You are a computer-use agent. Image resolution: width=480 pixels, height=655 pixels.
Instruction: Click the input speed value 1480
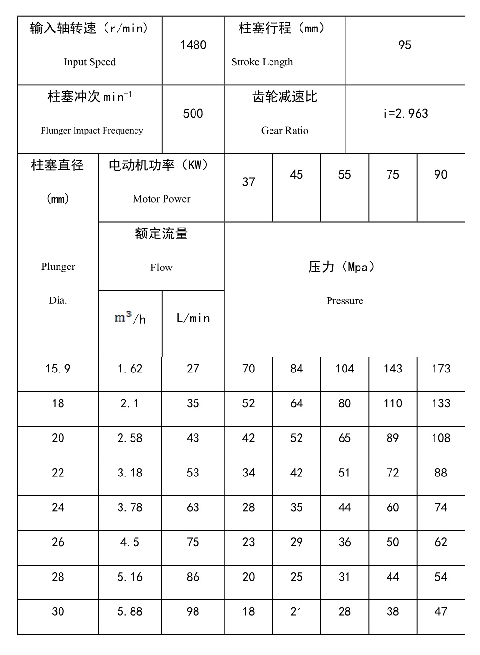click(193, 45)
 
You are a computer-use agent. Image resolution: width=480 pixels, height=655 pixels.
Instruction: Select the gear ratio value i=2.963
click(405, 114)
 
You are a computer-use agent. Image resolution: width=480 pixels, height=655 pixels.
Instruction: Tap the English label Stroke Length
click(262, 62)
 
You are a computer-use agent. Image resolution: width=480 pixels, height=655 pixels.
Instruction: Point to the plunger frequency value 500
click(193, 114)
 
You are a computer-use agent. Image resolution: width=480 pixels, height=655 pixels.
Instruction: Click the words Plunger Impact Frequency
click(92, 131)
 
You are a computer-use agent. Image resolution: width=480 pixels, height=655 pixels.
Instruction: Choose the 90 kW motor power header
click(440, 175)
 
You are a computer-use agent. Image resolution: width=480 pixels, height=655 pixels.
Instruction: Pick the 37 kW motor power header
click(248, 182)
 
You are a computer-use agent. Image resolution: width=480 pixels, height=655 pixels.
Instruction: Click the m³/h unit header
click(130, 318)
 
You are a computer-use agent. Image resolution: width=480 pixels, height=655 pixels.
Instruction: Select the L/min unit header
click(193, 318)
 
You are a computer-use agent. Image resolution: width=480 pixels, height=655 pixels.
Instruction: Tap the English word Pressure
click(345, 301)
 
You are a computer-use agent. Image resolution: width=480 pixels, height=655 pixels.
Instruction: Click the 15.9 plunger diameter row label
click(58, 369)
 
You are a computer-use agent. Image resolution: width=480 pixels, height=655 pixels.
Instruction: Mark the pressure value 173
click(440, 369)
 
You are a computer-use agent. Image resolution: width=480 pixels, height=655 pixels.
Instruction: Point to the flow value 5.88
click(130, 612)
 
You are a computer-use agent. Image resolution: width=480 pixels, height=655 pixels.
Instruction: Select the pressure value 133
click(440, 403)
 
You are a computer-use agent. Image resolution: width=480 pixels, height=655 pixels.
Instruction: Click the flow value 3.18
click(130, 473)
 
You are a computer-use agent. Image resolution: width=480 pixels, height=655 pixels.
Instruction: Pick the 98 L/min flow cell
click(193, 612)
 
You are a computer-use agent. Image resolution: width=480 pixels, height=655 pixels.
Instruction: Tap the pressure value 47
click(440, 612)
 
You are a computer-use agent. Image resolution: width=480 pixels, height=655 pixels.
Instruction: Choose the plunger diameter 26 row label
click(58, 542)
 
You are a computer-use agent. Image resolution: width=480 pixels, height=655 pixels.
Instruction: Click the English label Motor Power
click(161, 199)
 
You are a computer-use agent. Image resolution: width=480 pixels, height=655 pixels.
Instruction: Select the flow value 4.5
click(130, 542)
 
